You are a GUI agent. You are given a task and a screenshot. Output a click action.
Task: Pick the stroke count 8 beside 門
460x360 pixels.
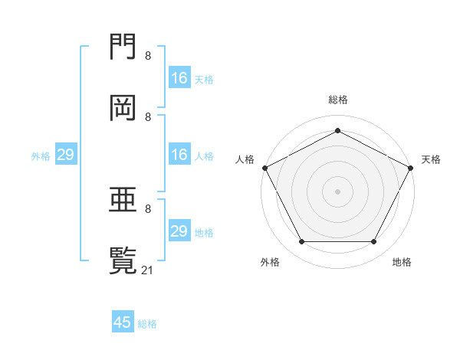pos(147,56)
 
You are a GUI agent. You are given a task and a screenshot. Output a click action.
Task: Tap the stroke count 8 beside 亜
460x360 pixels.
pos(147,208)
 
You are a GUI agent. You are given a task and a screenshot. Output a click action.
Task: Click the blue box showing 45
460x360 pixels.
pos(123,322)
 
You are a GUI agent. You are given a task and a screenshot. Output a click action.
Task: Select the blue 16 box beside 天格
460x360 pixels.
pos(179,77)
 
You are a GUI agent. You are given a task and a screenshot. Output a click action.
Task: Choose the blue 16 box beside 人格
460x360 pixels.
pos(179,155)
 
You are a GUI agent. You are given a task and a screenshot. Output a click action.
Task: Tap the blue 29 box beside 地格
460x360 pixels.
pos(179,231)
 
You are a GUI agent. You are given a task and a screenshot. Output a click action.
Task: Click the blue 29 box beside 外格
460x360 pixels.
pos(65,155)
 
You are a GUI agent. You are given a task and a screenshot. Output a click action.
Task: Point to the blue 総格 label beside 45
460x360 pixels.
pos(147,324)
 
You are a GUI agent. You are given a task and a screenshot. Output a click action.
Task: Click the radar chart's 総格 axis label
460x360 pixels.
pos(337,100)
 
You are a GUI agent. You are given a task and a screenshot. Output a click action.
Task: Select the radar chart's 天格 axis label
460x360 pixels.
pos(431,159)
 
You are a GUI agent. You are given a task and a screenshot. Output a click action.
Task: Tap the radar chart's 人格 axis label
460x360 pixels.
pos(245,159)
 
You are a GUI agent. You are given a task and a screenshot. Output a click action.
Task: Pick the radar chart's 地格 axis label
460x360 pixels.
pos(402,263)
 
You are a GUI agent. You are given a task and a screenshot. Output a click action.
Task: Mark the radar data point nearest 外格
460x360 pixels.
pos(301,242)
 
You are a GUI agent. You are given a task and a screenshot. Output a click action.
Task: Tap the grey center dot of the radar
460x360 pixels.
pos(337,191)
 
